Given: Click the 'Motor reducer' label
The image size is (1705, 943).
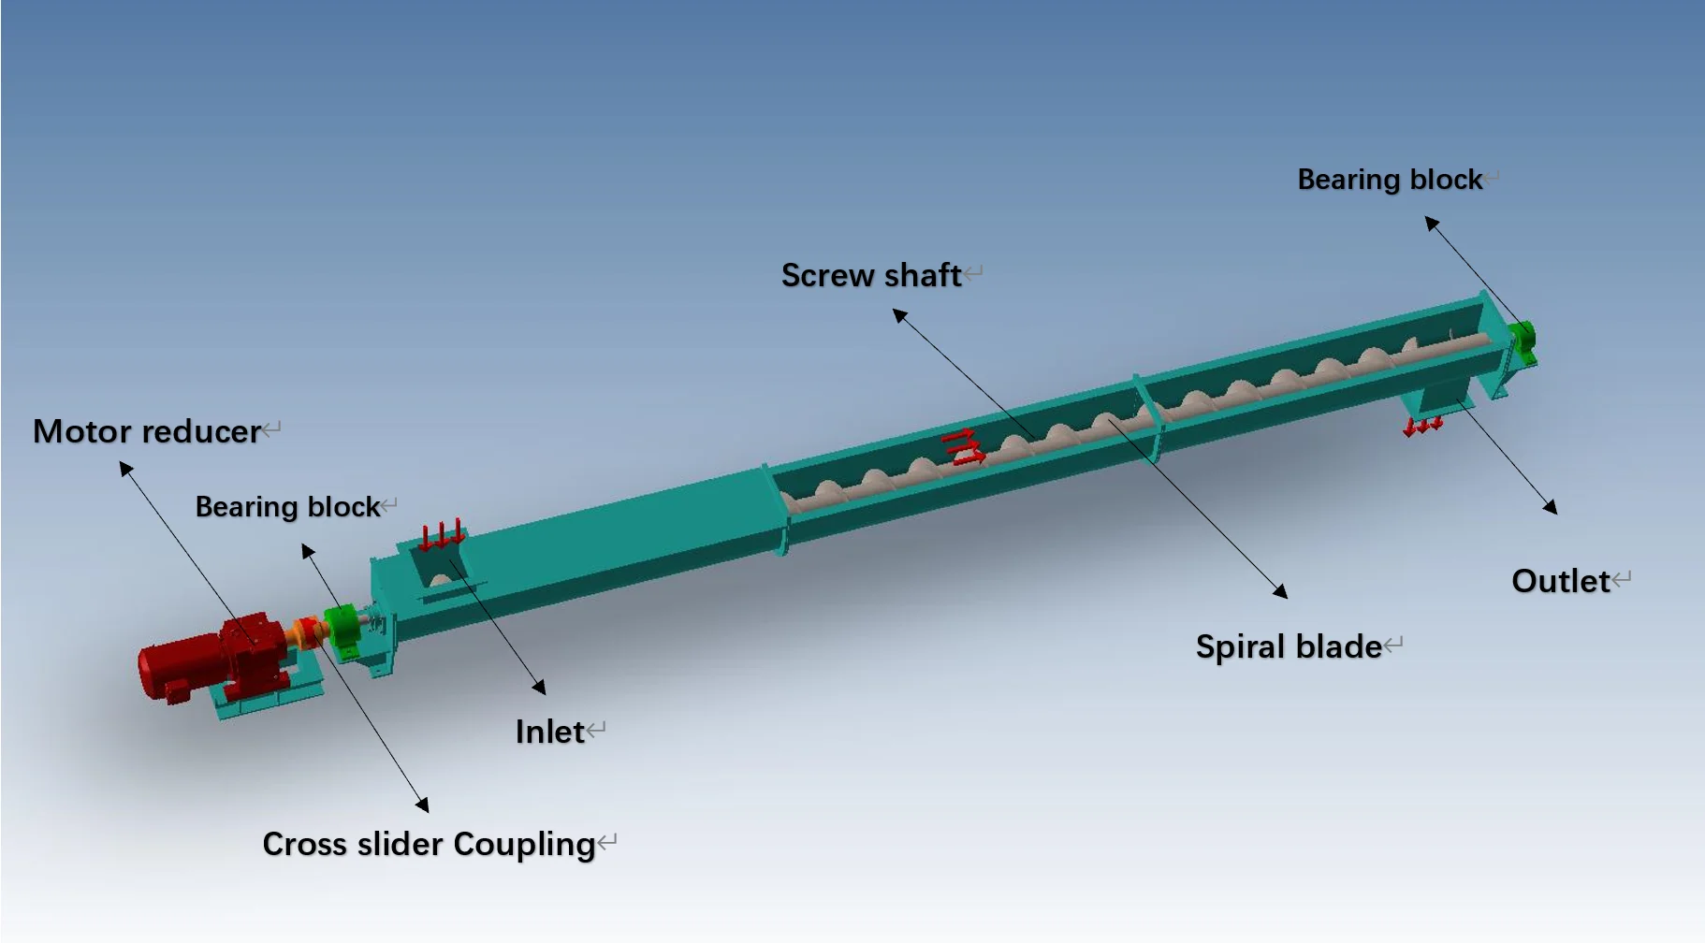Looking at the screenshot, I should coord(147,431).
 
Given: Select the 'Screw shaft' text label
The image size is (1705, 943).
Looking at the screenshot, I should coord(871,275).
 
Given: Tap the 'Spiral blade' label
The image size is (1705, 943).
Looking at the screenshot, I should coord(1289,646).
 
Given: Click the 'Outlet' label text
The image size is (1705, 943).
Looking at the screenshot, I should coord(1561,581).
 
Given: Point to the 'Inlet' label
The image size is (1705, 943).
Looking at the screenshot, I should coord(550,732).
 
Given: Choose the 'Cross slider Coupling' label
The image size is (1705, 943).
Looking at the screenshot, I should coord(429,844).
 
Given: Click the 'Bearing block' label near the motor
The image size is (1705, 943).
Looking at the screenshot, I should coord(287,506).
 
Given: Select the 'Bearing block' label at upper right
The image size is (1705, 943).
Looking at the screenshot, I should coord(1390,179).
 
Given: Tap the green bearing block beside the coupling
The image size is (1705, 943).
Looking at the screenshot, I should coord(342,629).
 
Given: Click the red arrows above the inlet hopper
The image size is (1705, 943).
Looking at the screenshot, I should coord(442,535).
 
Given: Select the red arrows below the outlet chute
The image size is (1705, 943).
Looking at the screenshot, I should coord(1422,428).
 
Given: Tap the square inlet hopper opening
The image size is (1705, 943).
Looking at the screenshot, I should coord(438,565).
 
